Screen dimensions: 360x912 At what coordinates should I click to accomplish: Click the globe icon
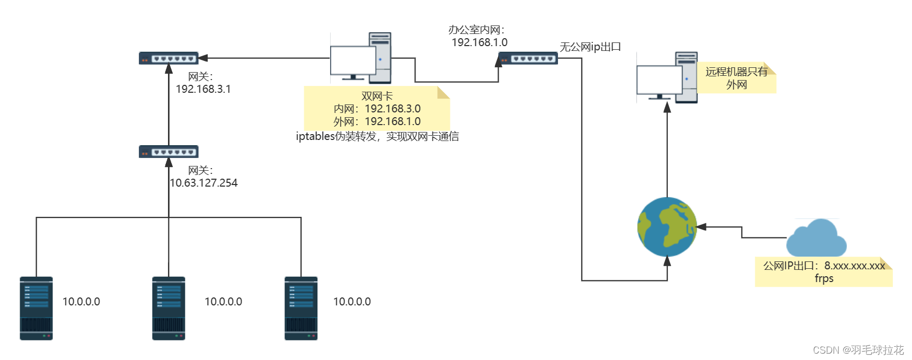click(667, 227)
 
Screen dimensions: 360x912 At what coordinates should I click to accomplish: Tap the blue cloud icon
click(816, 239)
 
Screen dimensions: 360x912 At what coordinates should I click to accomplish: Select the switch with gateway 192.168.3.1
click(169, 58)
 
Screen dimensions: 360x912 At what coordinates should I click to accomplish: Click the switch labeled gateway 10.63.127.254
click(169, 152)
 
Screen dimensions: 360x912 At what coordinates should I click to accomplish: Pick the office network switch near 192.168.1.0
click(528, 58)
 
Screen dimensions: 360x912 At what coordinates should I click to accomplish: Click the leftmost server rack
click(36, 308)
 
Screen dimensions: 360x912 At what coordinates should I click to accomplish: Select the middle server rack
click(169, 308)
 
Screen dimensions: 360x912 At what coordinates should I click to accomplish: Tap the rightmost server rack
click(301, 308)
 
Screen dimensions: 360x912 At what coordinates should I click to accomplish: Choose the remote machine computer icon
click(667, 77)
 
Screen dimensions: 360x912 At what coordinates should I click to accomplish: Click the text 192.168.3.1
click(203, 89)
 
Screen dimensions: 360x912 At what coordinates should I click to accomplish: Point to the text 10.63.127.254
click(203, 183)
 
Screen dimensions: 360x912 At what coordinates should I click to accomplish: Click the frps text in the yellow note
click(824, 278)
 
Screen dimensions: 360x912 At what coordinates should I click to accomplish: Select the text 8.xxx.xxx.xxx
click(854, 266)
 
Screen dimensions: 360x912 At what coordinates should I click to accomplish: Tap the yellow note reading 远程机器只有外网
click(737, 78)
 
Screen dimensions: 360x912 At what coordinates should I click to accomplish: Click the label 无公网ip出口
click(590, 47)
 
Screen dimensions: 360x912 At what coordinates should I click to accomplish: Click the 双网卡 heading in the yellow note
click(377, 96)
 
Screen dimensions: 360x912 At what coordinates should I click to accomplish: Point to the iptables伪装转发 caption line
click(377, 136)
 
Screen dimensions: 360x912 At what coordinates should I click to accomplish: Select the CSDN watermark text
click(858, 350)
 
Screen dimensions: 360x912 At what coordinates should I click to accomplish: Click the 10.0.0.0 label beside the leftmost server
click(81, 302)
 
